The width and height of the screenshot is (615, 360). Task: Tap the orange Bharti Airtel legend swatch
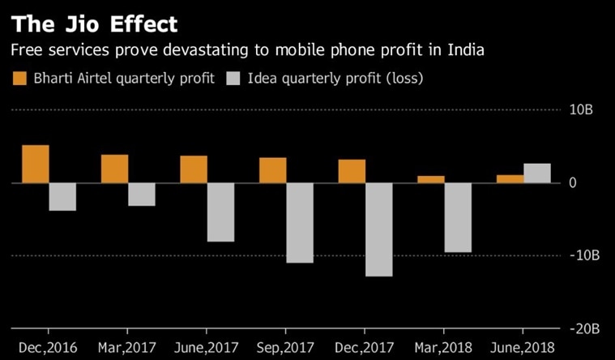coord(18,79)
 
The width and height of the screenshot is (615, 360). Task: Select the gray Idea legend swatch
coord(236,79)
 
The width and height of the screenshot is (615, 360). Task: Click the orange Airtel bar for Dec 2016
coord(36,164)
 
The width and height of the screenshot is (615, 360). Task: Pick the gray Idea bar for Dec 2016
coord(62,197)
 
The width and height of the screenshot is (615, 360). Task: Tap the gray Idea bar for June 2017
coord(220,212)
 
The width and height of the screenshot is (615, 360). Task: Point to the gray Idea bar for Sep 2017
coord(300,223)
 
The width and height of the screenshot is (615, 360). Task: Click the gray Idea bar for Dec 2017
coord(379,229)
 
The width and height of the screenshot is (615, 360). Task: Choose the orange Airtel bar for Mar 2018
coord(432,179)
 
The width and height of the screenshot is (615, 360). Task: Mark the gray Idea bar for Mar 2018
coord(459,217)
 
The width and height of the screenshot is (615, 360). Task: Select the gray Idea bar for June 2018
coord(537,174)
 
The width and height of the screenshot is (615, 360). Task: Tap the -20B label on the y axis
coord(585,328)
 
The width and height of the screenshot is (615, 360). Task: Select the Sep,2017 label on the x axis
coord(286,349)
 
